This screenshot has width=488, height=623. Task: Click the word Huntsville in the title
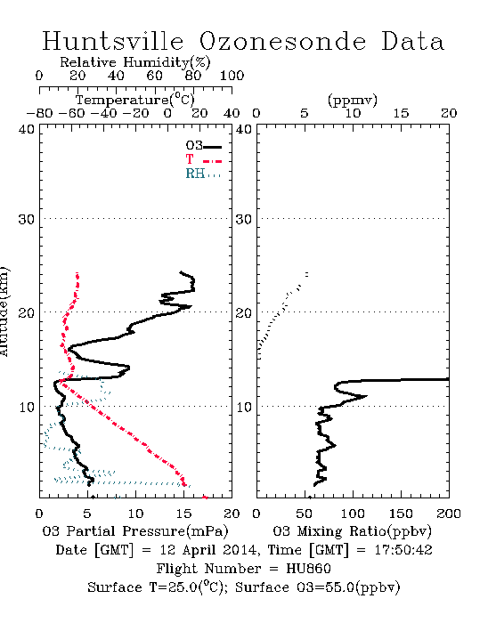(113, 41)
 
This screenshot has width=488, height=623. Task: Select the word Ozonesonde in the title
(282, 41)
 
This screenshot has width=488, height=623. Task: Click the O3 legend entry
(203, 146)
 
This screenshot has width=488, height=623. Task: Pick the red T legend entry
(203, 159)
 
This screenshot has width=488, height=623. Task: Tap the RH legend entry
(203, 174)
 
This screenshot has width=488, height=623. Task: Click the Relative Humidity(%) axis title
(135, 62)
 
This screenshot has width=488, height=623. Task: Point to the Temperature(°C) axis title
(135, 100)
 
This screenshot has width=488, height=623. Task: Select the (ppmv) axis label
(353, 100)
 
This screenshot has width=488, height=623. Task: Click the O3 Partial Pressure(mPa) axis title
(135, 530)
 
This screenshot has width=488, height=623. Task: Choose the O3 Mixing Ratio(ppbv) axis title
(352, 530)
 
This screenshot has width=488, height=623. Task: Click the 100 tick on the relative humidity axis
(232, 76)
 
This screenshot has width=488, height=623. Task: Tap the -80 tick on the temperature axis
(39, 114)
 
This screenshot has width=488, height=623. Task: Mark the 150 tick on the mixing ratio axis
(401, 514)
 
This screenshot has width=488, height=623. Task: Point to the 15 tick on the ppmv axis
(401, 114)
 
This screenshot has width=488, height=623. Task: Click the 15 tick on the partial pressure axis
(183, 514)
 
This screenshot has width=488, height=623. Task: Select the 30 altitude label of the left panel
(27, 219)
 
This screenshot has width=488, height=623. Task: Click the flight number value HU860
(309, 569)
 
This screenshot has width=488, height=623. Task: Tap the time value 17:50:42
(403, 550)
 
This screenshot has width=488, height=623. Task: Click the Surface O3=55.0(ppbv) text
(318, 587)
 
